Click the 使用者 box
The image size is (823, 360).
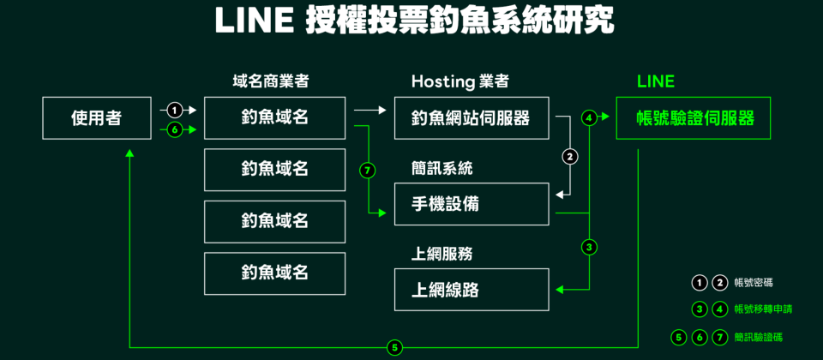point(96,118)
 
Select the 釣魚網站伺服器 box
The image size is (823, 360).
point(471,118)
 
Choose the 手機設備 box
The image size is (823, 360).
point(471,204)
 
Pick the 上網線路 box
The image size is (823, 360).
point(471,290)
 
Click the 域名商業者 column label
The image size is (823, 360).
point(270,82)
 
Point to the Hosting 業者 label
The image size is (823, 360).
point(460,82)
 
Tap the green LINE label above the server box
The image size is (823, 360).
point(656,82)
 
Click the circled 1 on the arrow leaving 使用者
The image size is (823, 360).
point(174,110)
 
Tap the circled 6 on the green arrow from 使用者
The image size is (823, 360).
point(174,130)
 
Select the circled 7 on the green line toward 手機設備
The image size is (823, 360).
point(368,171)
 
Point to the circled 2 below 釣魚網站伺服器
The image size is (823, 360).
point(570,157)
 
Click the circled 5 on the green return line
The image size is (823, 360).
point(393,347)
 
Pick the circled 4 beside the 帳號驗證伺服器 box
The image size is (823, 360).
point(589,118)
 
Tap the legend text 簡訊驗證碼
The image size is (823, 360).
point(759,337)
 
